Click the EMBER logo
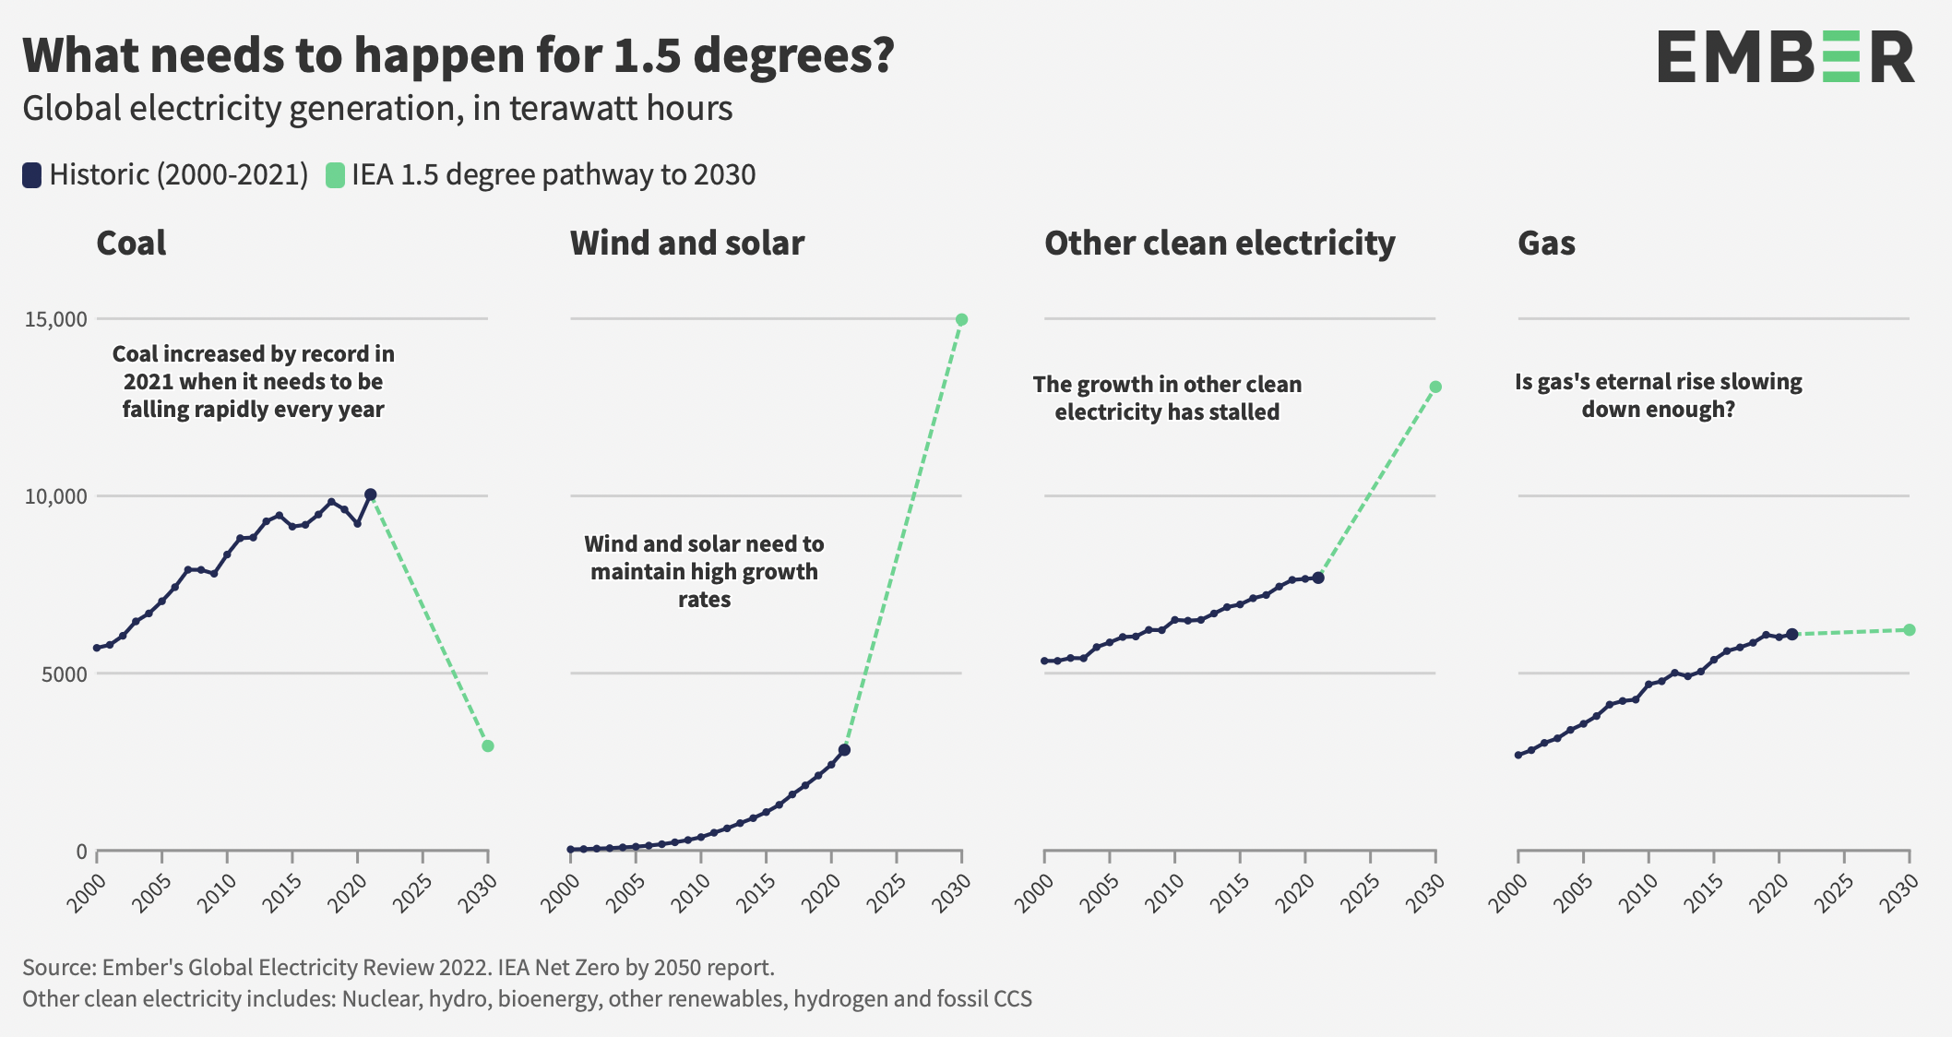click(x=1785, y=57)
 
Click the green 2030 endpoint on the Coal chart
click(x=488, y=745)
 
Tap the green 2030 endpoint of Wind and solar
click(x=961, y=319)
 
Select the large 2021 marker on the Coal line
click(x=370, y=495)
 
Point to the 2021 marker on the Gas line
click(x=1791, y=634)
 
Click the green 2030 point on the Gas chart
click(x=1910, y=630)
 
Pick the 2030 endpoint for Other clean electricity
click(x=1435, y=387)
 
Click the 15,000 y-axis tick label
click(x=56, y=319)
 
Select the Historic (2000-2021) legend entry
click(x=166, y=174)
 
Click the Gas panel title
click(x=1546, y=244)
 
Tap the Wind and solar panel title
click(x=687, y=244)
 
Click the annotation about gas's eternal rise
click(x=1658, y=395)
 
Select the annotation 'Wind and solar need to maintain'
click(x=704, y=571)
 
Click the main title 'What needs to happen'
click(x=458, y=55)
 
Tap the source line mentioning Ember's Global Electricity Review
click(x=398, y=967)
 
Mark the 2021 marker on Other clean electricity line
click(x=1317, y=577)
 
